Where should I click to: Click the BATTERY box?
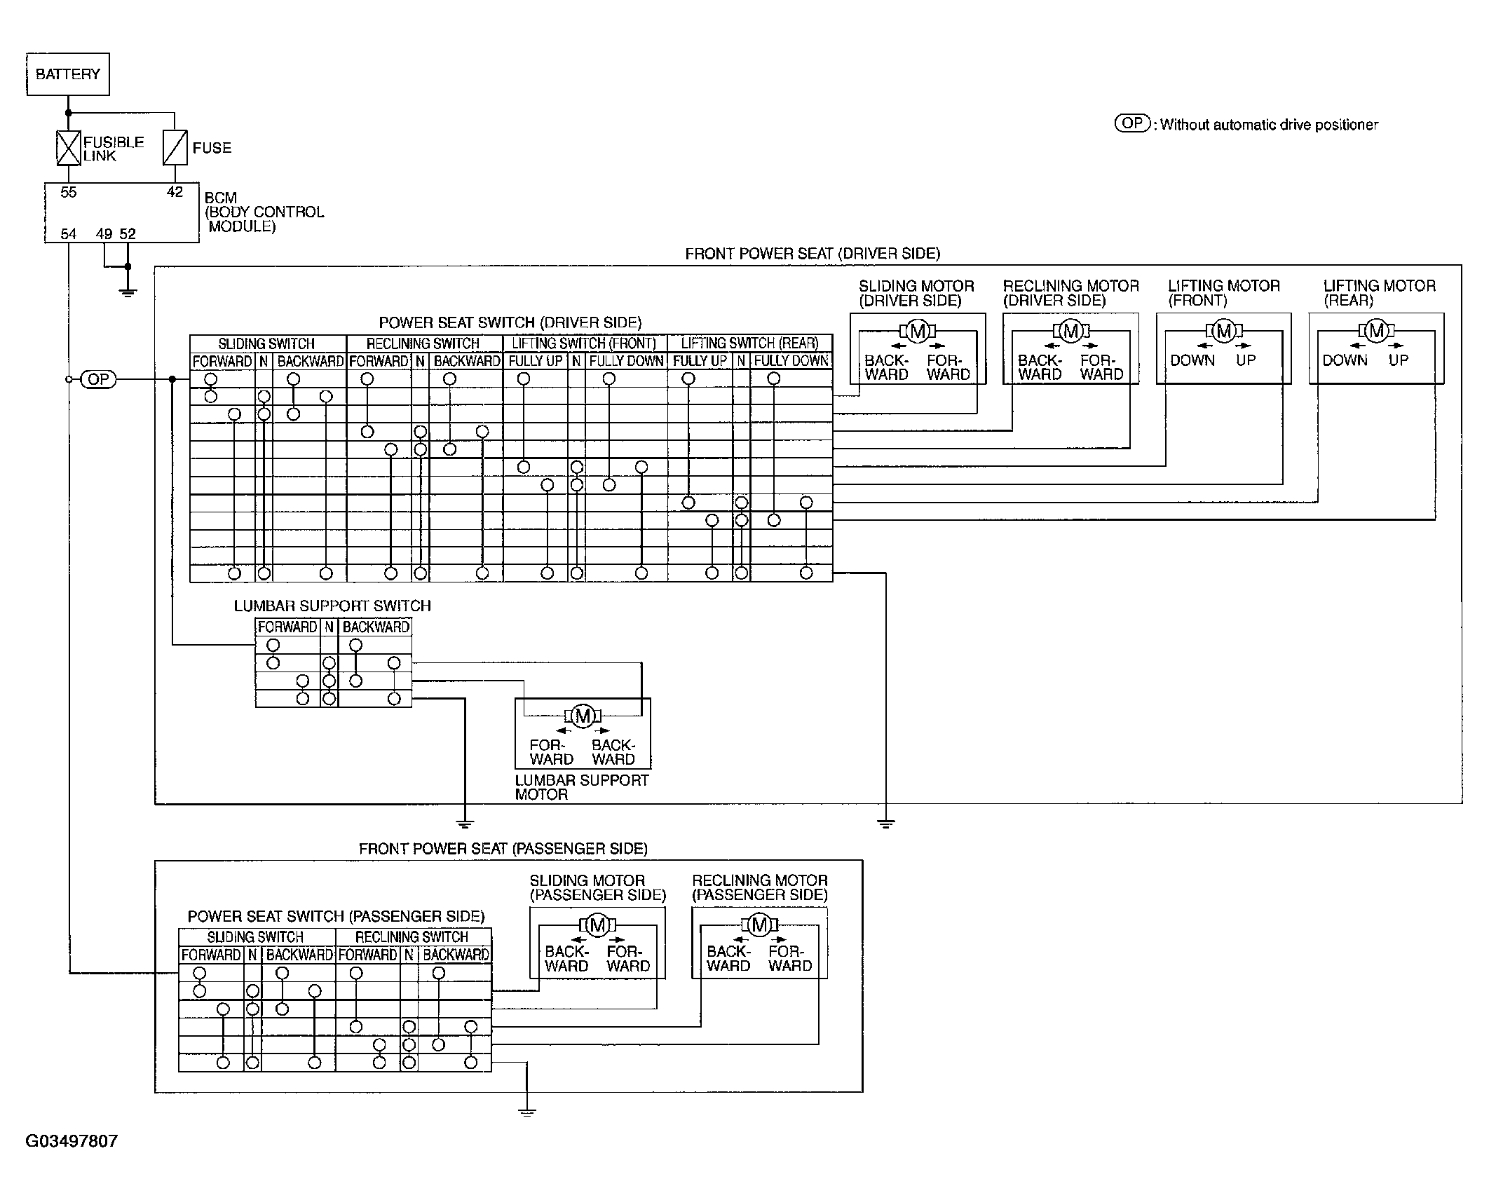point(68,74)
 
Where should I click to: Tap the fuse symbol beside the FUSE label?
point(175,148)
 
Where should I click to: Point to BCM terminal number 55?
point(69,192)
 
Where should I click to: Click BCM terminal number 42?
point(175,192)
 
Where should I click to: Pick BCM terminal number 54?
point(69,233)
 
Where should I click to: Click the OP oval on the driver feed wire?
point(99,379)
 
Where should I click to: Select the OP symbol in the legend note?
point(1133,123)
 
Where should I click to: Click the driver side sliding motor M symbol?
point(918,331)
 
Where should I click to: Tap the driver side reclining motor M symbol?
point(1070,331)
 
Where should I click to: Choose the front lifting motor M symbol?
point(1223,331)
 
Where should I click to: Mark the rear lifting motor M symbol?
point(1376,331)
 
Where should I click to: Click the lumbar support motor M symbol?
point(583,716)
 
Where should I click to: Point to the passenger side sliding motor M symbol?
point(597,925)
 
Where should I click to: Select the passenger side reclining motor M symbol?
point(759,925)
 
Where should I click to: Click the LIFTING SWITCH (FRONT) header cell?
point(585,343)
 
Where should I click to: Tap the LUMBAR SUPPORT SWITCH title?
point(332,606)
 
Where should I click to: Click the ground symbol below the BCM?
point(128,292)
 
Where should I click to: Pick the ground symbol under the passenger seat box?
point(526,1112)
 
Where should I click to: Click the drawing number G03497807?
point(72,1141)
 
